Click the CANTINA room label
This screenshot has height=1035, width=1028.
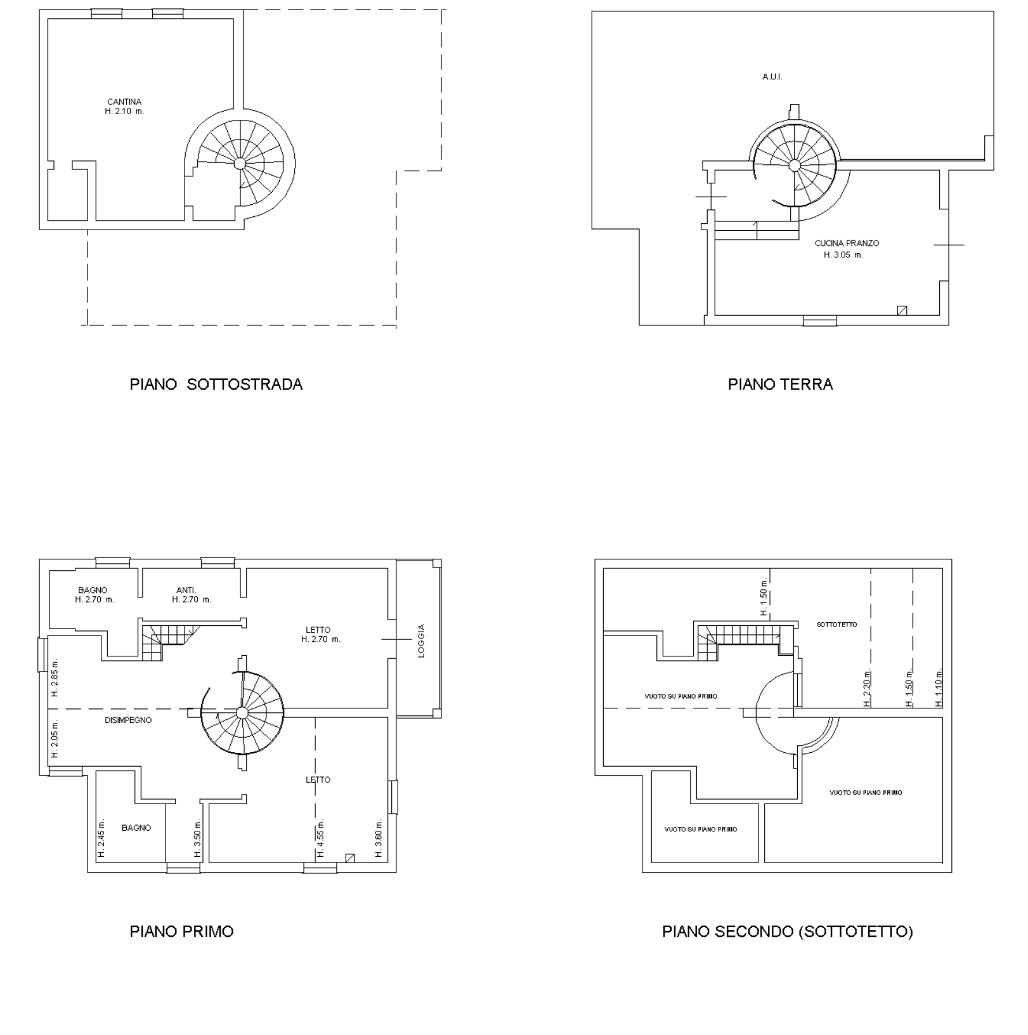point(124,101)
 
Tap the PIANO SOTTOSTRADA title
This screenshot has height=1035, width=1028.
point(216,384)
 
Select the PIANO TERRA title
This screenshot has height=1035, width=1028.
point(780,384)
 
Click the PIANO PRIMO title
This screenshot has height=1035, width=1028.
point(181,932)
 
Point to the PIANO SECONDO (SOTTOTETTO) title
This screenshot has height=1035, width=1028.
point(788,932)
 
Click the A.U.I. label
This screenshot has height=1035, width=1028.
point(772,77)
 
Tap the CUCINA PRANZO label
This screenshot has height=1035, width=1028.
point(847,243)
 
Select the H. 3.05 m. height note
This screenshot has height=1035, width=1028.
point(843,255)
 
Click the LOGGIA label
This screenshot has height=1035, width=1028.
point(421,641)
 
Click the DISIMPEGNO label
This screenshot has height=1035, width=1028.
point(128,720)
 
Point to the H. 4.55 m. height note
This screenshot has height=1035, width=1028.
point(320,838)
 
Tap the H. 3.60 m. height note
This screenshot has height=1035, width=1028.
point(379,838)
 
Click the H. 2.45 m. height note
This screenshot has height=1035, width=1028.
point(101,838)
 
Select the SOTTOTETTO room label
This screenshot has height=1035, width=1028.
point(836,625)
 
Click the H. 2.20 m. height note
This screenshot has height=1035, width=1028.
point(867,688)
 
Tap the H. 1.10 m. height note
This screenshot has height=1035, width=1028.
point(939,688)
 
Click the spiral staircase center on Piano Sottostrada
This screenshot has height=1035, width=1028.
point(240,163)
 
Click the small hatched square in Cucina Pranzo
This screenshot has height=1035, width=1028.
point(902,310)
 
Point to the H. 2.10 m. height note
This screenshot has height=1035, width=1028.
point(125,112)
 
